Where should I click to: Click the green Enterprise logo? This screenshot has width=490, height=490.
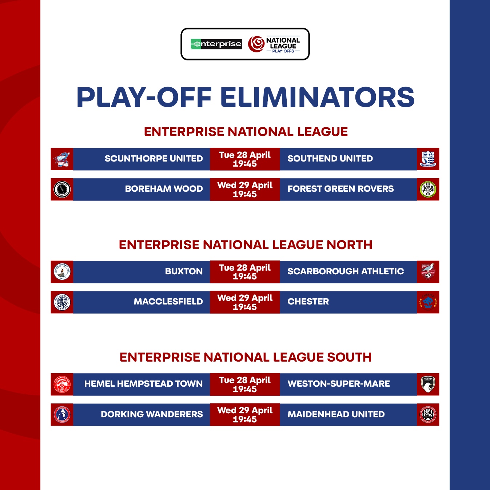click(216, 44)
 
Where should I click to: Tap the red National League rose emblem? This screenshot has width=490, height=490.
click(256, 44)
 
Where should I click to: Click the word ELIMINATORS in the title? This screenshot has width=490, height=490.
click(317, 97)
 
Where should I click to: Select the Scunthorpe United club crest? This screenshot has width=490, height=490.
click(62, 159)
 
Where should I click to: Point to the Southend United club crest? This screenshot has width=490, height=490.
click(428, 159)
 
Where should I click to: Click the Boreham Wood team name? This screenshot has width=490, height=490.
click(164, 189)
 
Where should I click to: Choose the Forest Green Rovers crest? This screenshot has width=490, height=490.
click(428, 189)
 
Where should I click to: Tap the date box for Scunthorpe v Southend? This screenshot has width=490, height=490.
click(245, 159)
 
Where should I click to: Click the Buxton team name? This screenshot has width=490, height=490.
click(184, 271)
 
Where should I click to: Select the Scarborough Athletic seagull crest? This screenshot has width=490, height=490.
click(428, 272)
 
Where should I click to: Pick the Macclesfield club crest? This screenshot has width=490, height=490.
click(62, 302)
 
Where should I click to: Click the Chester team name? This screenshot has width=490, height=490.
click(308, 302)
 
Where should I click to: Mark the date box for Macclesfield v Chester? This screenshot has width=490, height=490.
click(245, 302)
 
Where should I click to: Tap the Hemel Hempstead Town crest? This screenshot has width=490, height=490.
click(62, 384)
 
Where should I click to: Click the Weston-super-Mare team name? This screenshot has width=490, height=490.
click(339, 384)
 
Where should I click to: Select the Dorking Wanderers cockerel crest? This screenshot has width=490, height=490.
click(62, 415)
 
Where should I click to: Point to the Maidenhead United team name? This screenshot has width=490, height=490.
click(336, 414)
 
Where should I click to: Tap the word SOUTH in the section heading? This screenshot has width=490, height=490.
click(349, 357)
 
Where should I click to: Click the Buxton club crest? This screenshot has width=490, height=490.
click(62, 272)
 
